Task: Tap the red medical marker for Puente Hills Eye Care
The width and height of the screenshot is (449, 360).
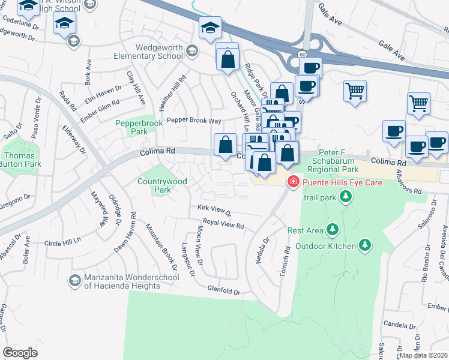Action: point(294,181)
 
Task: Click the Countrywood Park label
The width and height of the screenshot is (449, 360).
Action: point(162,185)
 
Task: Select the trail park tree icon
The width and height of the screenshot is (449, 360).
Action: point(345,196)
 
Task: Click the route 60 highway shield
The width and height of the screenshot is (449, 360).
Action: point(301,55)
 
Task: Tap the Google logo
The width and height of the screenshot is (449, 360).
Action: point(20,353)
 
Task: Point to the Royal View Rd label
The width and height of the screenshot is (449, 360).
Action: point(223,224)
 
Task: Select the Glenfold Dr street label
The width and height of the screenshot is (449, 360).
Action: point(224,290)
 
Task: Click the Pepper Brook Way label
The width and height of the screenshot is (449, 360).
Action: point(194,120)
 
